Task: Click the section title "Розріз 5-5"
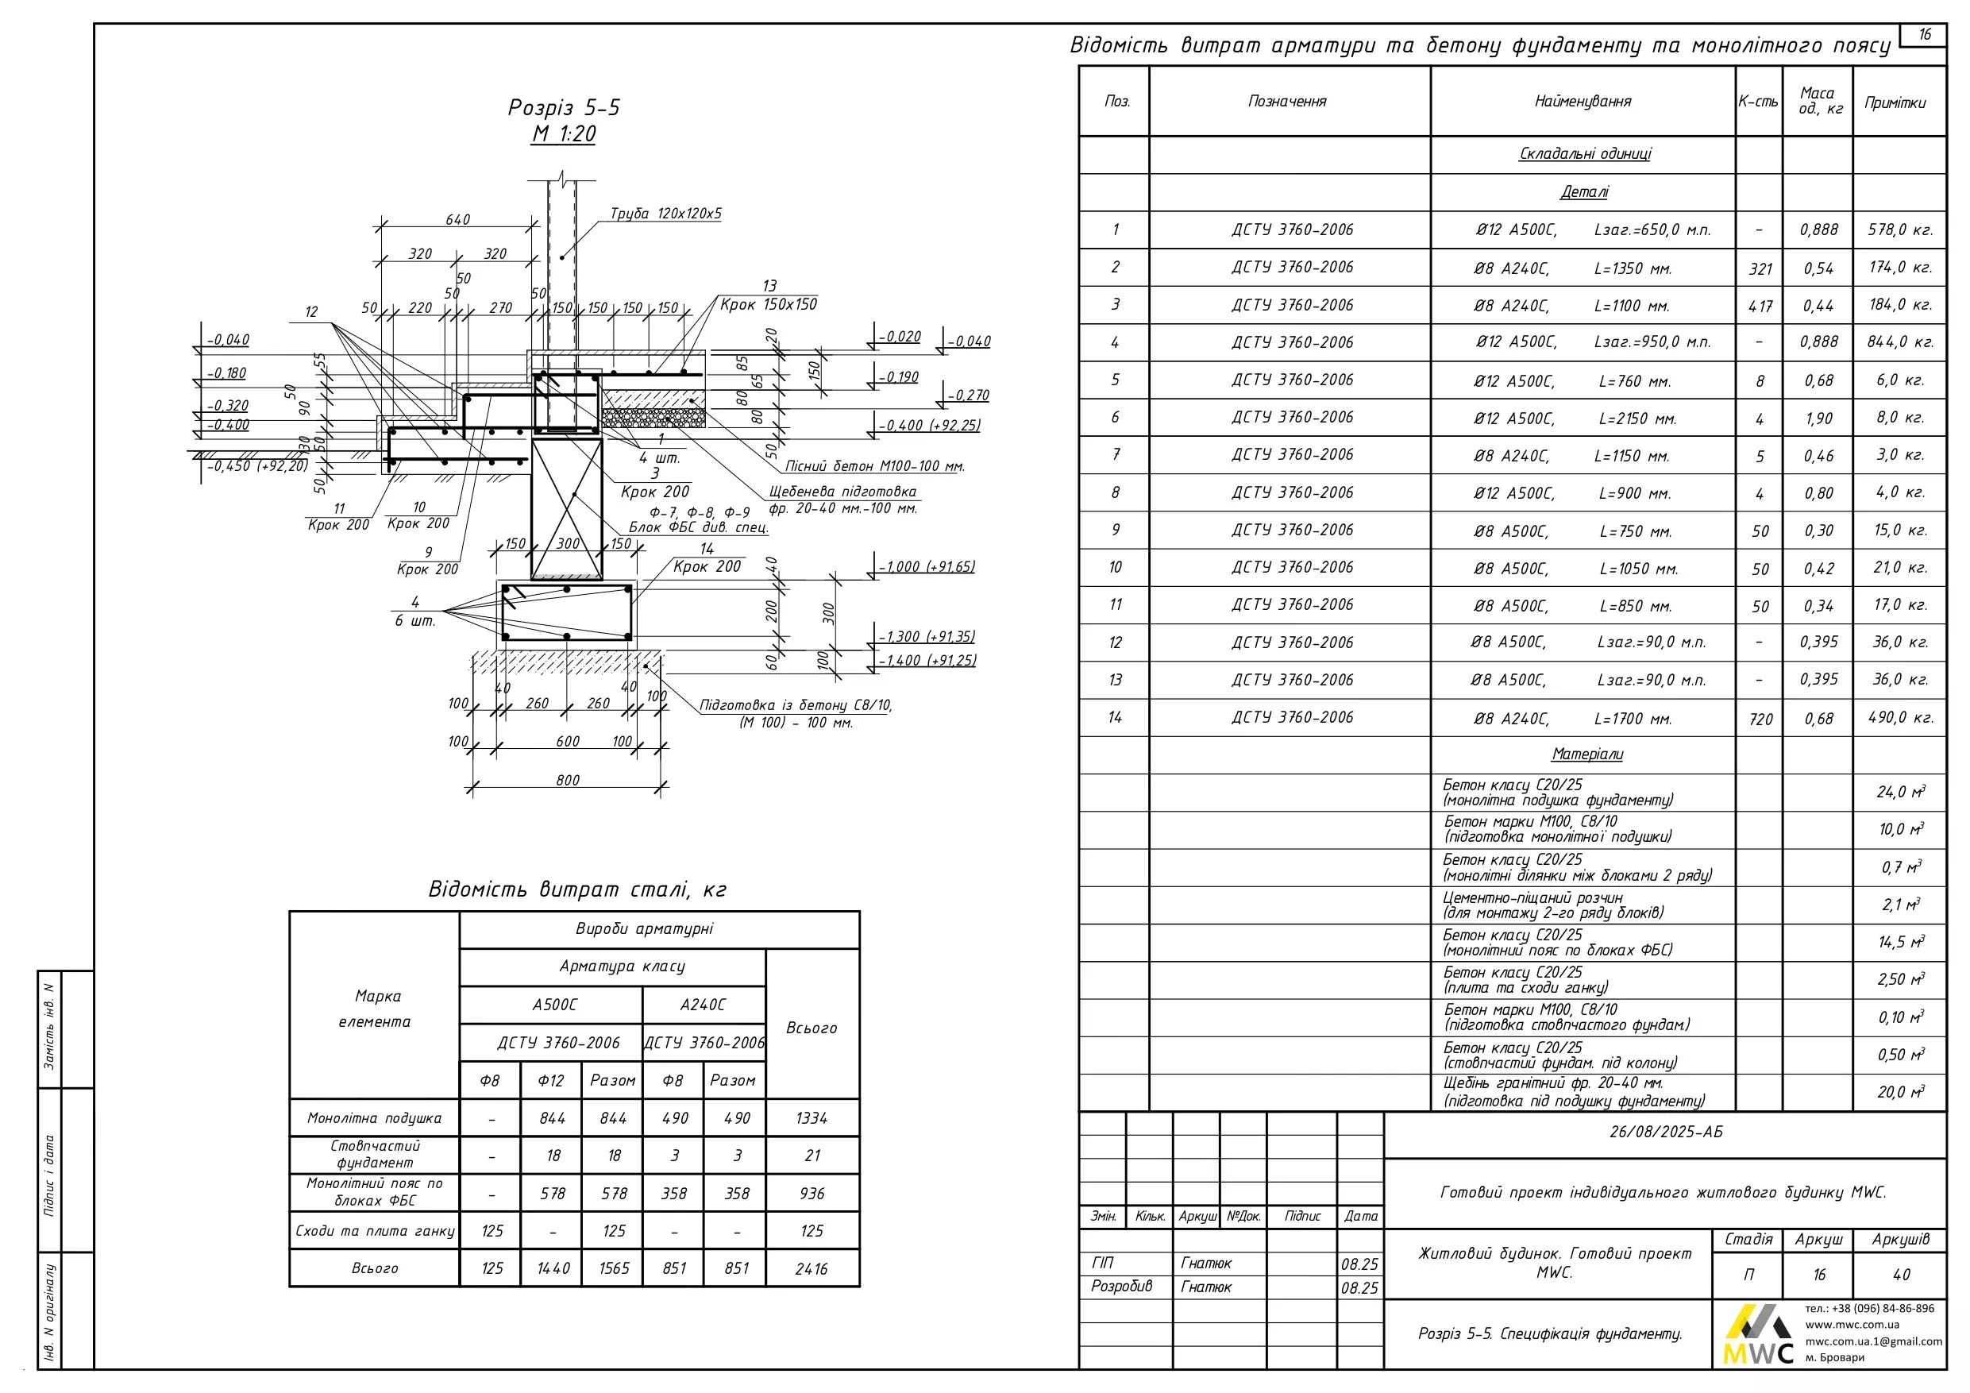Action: click(x=564, y=107)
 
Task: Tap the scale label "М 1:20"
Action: click(x=564, y=134)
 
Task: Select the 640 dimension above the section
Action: click(x=457, y=220)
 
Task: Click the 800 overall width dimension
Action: click(x=567, y=780)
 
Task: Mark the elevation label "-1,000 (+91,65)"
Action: click(x=927, y=566)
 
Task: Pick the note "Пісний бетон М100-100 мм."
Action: click(x=874, y=466)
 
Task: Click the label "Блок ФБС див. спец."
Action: click(x=699, y=527)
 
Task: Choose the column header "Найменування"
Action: click(x=1583, y=102)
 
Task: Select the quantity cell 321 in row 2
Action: click(x=1760, y=268)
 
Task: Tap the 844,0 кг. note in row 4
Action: click(x=1899, y=342)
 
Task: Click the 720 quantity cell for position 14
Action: click(x=1760, y=720)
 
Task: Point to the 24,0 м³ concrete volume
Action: click(x=1899, y=792)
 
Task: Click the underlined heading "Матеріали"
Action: click(x=1586, y=754)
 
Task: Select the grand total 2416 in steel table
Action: click(x=811, y=1268)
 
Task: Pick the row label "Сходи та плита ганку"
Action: click(x=375, y=1231)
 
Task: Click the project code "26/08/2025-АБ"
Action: click(x=1664, y=1132)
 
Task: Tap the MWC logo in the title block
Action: click(x=1757, y=1335)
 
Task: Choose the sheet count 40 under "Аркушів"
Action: click(x=1900, y=1275)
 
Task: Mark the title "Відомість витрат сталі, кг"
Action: click(x=576, y=889)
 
